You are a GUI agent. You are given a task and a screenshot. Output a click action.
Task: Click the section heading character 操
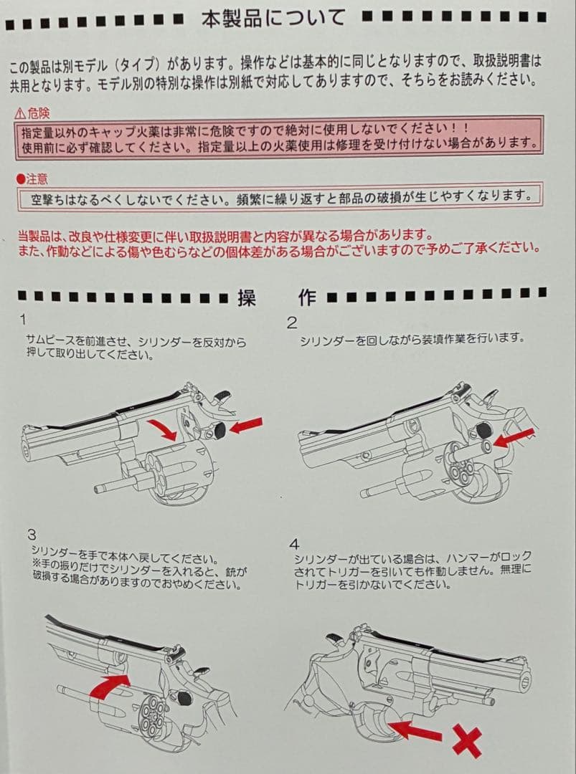coord(246,298)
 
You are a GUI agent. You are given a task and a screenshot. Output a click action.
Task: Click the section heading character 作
coord(307,298)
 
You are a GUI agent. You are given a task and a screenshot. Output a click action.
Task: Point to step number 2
coord(292,323)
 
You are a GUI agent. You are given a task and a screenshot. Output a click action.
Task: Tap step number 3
coord(32,535)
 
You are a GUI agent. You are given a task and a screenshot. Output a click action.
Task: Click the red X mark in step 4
coord(466,739)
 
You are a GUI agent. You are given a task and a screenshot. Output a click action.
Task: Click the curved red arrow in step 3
coord(108,687)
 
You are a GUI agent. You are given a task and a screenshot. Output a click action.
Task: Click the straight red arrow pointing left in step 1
coord(245,426)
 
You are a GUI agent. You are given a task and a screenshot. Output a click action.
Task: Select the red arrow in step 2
coord(514,438)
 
